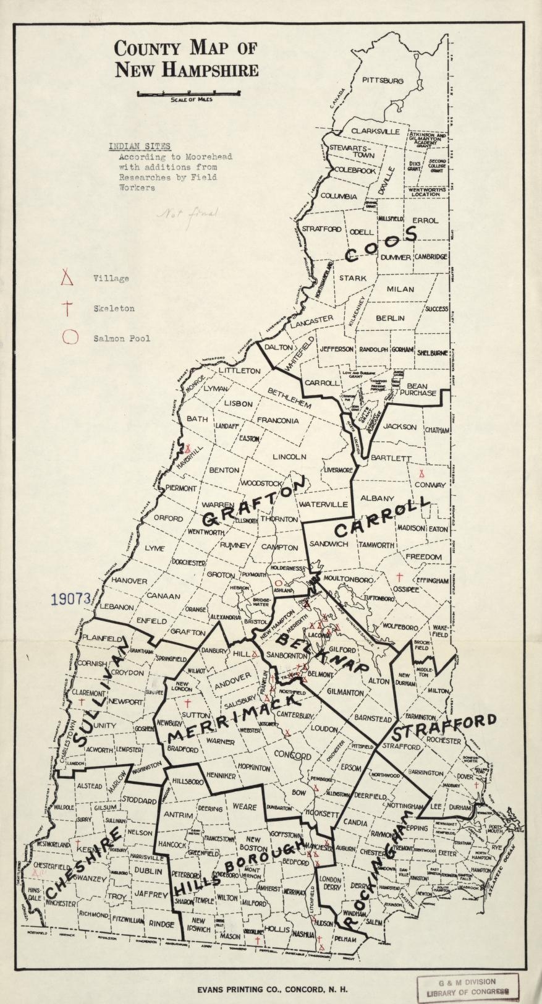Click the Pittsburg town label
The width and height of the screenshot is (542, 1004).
click(383, 81)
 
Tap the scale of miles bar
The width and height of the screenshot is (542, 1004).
click(188, 93)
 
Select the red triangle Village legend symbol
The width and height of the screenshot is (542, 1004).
click(67, 278)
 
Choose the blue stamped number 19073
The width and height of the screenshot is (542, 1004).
click(70, 598)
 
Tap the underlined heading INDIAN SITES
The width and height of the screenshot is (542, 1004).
click(140, 147)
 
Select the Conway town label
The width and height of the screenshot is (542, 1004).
click(430, 485)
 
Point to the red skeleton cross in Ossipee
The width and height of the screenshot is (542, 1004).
click(399, 577)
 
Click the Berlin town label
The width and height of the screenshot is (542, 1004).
click(390, 318)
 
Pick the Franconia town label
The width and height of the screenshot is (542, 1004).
click(277, 420)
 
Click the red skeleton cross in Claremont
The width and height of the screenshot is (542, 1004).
click(82, 702)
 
